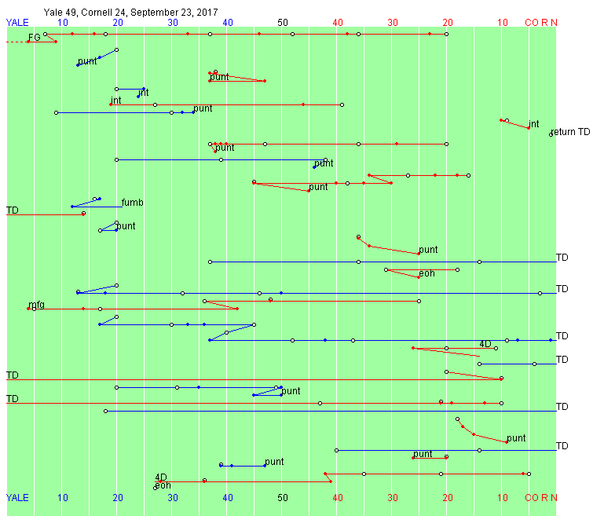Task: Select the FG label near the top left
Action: [x=34, y=38]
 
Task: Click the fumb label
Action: [x=132, y=203]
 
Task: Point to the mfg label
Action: [x=36, y=305]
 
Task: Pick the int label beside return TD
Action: [x=533, y=124]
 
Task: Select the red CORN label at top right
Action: [x=541, y=23]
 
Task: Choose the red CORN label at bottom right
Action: [x=541, y=498]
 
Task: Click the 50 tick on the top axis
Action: [x=283, y=23]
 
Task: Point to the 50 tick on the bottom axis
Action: [x=283, y=498]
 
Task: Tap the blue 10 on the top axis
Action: [x=62, y=23]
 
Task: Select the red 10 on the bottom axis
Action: [x=503, y=498]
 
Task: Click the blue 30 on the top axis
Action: [x=173, y=23]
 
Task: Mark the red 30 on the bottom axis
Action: [x=393, y=498]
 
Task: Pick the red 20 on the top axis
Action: [x=448, y=23]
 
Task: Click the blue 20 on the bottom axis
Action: [x=118, y=498]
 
